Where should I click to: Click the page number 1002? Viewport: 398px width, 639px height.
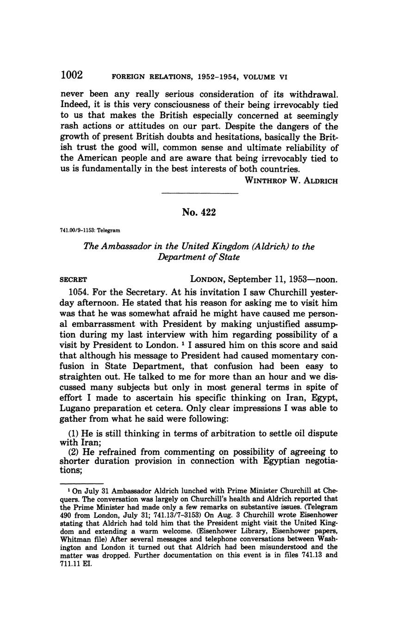(71, 75)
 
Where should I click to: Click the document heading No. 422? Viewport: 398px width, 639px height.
(199, 212)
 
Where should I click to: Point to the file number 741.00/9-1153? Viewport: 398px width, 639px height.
(77, 230)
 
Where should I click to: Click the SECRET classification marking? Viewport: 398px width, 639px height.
(74, 280)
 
